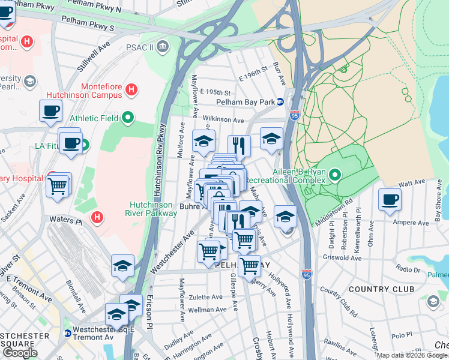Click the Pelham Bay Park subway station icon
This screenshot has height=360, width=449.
[x=280, y=102]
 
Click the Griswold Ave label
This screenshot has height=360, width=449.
[x=341, y=259]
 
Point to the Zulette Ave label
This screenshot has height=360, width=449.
[x=205, y=297]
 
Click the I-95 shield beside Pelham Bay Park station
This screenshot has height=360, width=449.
[x=294, y=115]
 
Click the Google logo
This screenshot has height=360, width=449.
[x=20, y=353]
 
